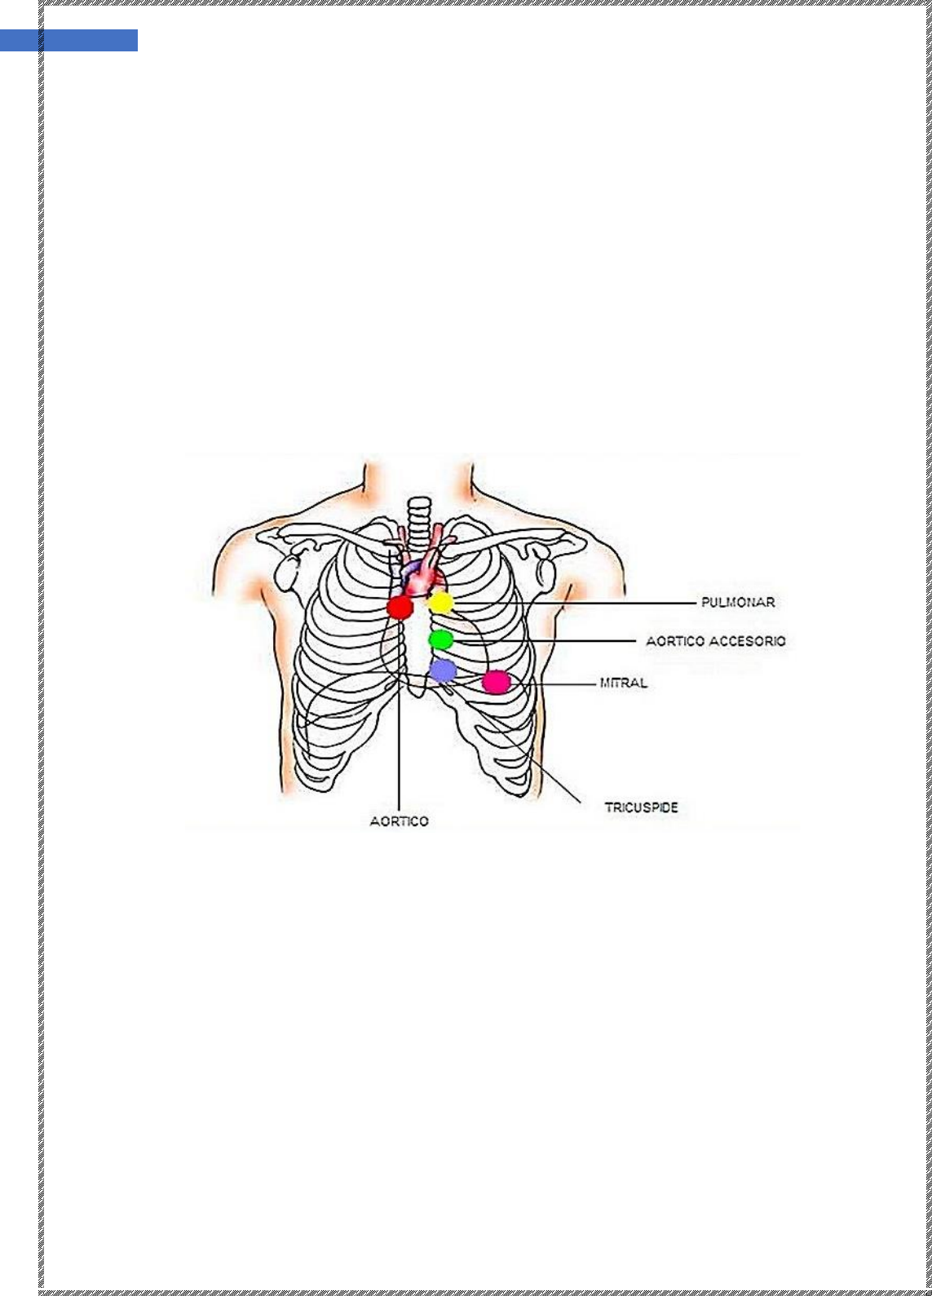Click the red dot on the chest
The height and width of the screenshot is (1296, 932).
[400, 607]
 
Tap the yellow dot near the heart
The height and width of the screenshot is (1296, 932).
[441, 602]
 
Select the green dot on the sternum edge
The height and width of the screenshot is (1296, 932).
[441, 639]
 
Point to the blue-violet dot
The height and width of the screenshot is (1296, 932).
[443, 670]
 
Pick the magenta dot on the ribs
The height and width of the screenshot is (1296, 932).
[497, 682]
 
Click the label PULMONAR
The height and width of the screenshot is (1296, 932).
[738, 602]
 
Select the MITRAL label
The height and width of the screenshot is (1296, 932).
[623, 683]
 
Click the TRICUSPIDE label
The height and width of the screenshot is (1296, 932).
[641, 807]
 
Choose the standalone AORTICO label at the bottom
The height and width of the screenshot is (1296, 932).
[400, 821]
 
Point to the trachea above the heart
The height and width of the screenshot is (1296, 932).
[419, 524]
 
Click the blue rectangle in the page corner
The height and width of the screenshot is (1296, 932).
[68, 41]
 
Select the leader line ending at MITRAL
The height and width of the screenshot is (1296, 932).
[554, 683]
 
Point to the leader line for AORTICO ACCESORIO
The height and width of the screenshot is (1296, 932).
[545, 641]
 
